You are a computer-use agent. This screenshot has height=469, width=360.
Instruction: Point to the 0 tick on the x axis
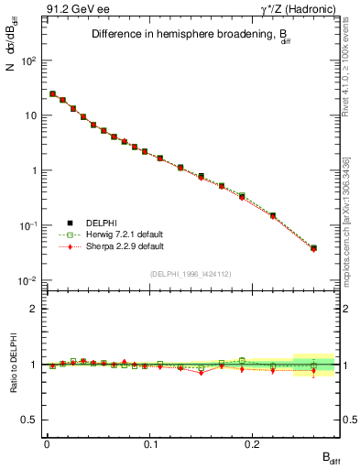pos(47,449)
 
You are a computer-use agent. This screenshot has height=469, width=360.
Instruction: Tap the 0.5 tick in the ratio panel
pos(33,420)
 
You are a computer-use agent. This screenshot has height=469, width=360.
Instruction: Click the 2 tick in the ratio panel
pos(35,309)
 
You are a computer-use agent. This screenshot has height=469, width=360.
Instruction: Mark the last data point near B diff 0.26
pos(313,247)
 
